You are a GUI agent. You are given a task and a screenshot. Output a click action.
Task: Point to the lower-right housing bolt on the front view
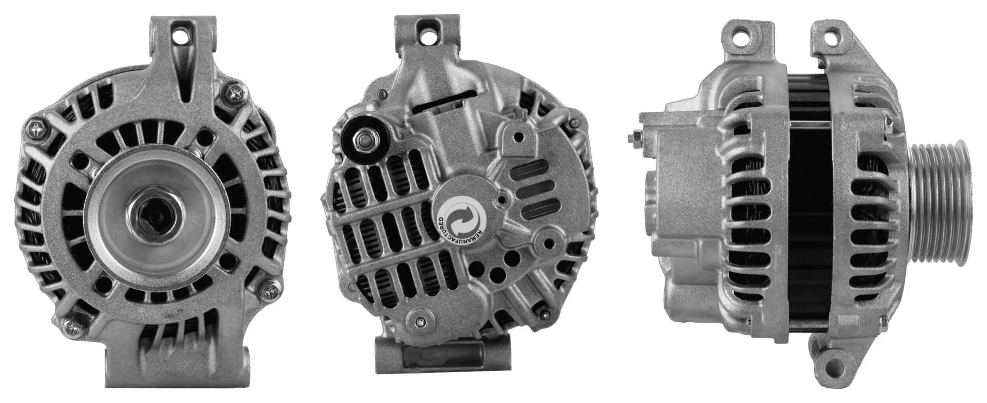click(x=272, y=291)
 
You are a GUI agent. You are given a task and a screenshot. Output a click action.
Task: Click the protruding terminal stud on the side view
click(x=633, y=138)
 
